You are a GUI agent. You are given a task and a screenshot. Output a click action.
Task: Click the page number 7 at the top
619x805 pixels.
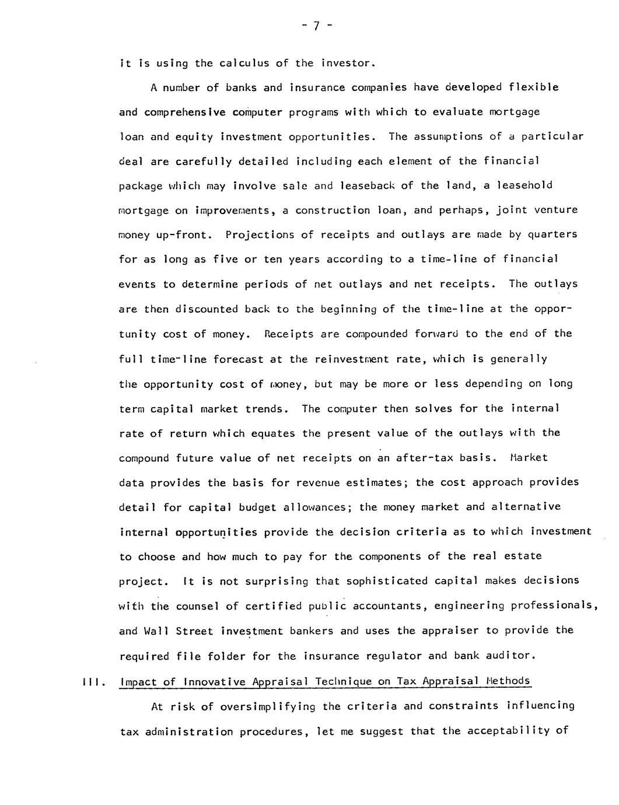coord(314,26)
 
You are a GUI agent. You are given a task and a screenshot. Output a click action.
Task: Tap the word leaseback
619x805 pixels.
coord(365,185)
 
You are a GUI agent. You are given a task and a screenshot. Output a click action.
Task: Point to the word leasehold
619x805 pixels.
coord(524,185)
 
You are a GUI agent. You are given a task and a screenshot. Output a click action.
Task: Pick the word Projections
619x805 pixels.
coord(260,235)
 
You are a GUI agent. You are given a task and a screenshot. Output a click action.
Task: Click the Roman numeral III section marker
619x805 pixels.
coord(93,681)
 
